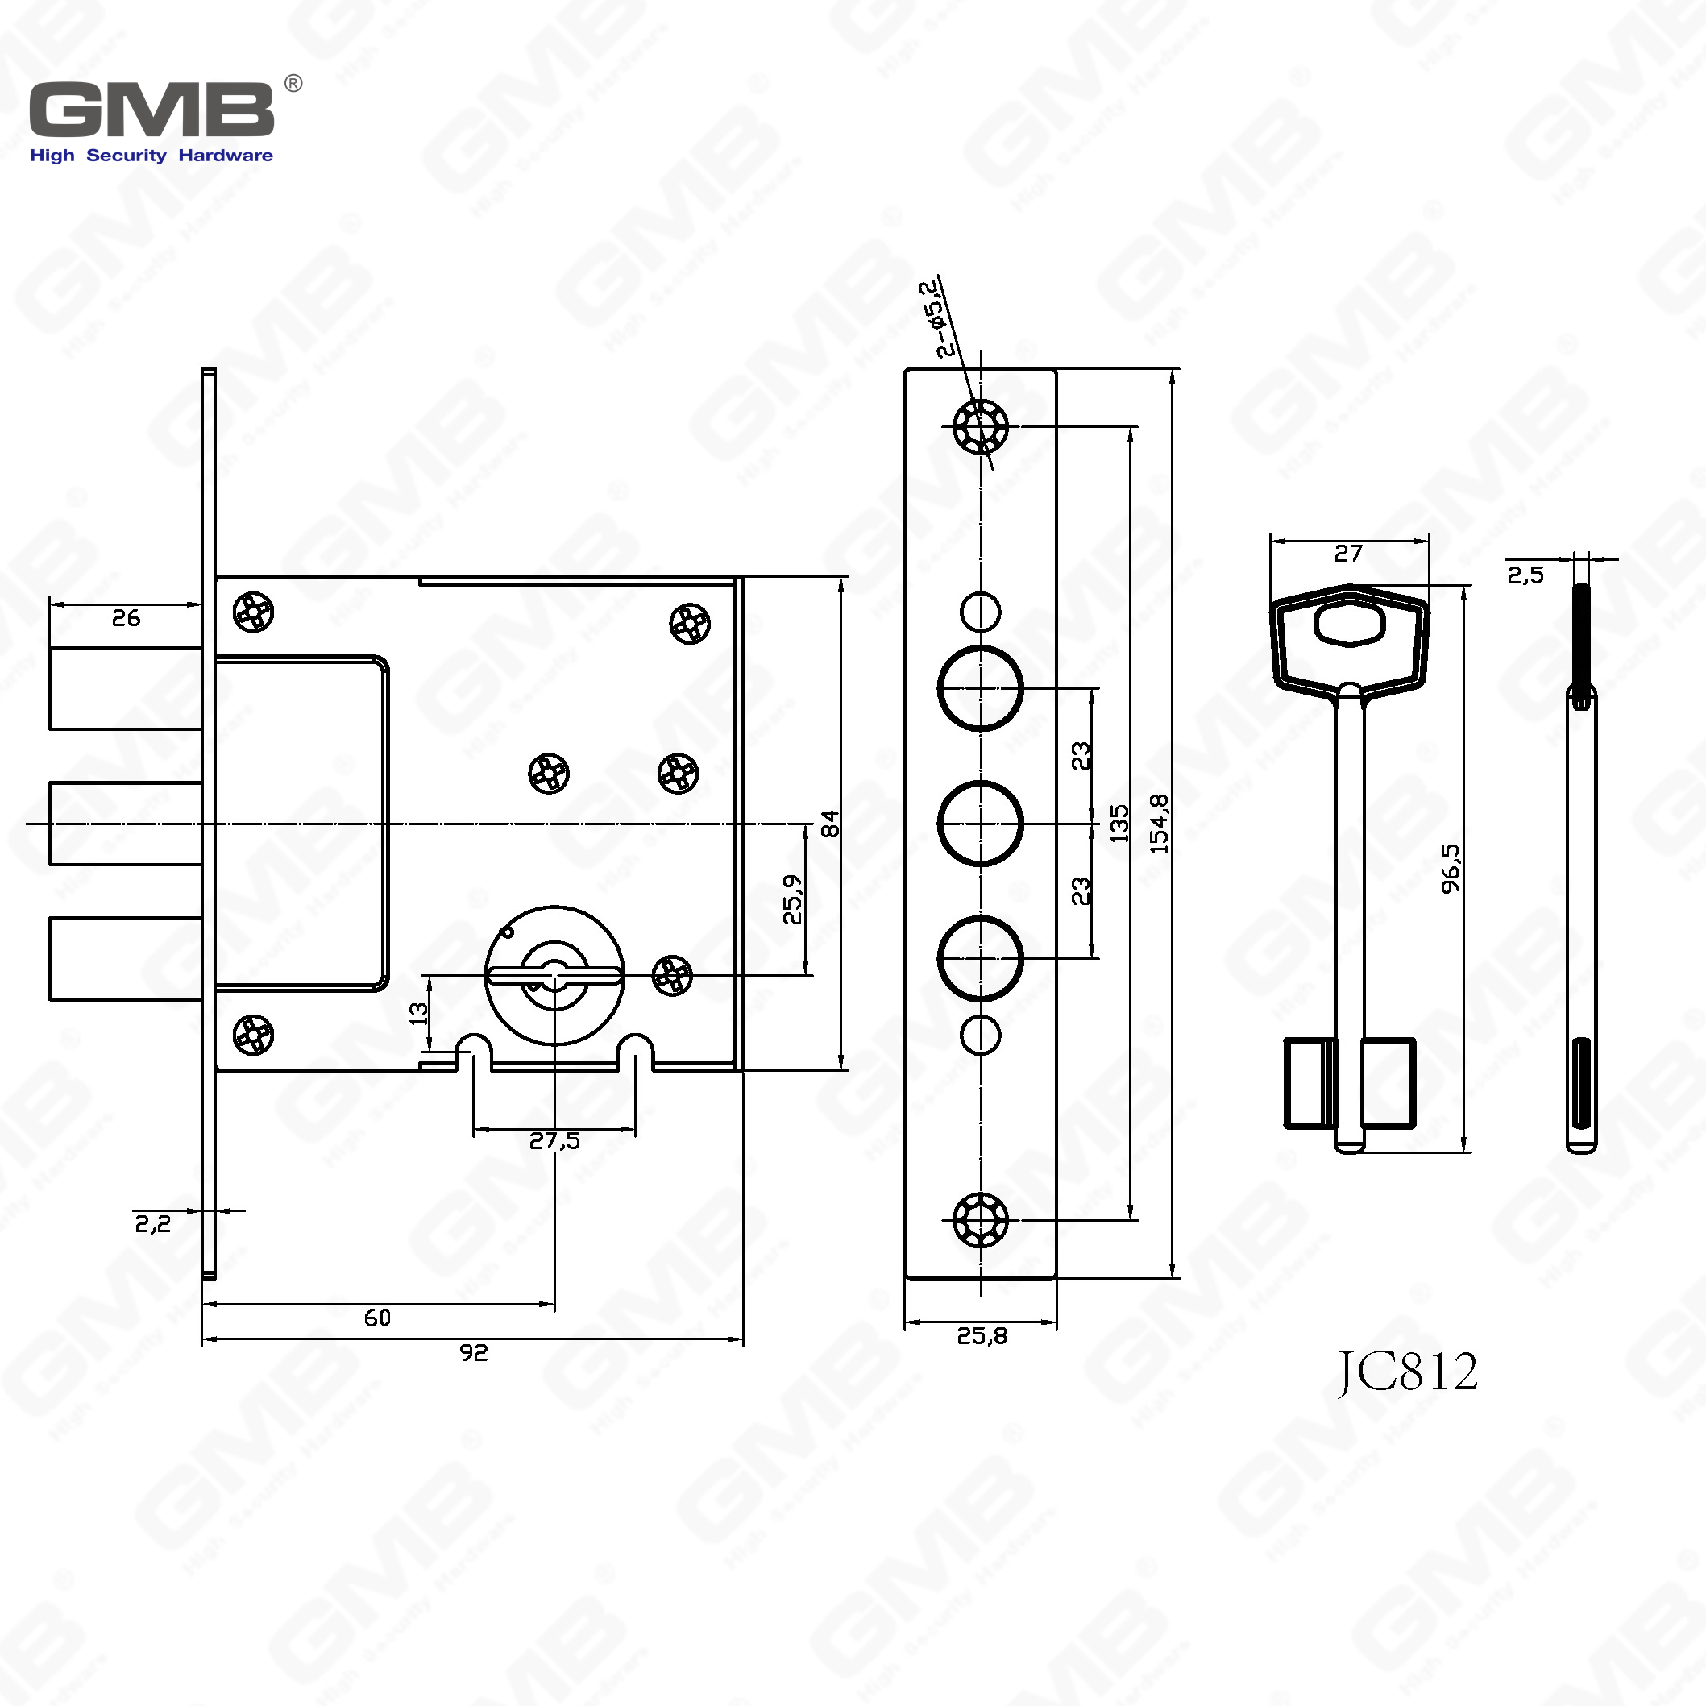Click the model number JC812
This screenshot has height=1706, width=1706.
click(x=1407, y=1372)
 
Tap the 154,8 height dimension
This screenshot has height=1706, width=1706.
click(x=1160, y=823)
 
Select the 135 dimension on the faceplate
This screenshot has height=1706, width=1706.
click(x=1119, y=823)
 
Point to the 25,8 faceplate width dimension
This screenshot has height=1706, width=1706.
click(x=981, y=1336)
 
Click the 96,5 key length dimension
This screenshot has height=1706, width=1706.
click(x=1451, y=869)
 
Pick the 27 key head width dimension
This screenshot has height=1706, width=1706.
click(x=1348, y=554)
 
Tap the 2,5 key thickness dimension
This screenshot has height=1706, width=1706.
click(x=1525, y=575)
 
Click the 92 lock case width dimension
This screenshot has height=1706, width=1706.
click(x=473, y=1353)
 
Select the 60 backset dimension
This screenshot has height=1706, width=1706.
click(x=377, y=1318)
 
